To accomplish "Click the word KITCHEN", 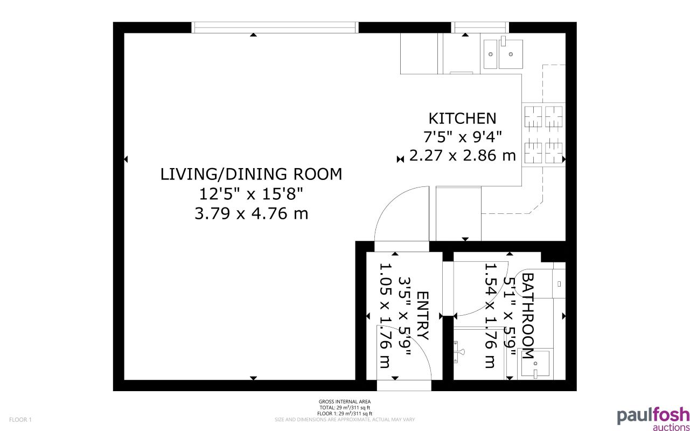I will click(x=462, y=118).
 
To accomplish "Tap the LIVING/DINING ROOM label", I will click(x=251, y=174).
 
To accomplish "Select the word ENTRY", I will click(x=423, y=316).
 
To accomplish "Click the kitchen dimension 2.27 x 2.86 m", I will click(x=462, y=156).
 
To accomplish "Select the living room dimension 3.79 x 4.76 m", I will click(x=251, y=214).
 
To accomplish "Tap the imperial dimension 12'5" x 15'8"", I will click(x=251, y=194).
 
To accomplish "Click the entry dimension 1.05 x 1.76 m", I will click(x=386, y=316).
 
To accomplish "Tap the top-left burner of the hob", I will click(x=533, y=115).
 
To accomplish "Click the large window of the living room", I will click(x=275, y=27).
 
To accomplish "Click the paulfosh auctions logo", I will click(x=653, y=418).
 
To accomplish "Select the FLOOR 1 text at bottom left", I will click(x=21, y=419).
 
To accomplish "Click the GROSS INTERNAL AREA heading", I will click(x=345, y=402).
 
